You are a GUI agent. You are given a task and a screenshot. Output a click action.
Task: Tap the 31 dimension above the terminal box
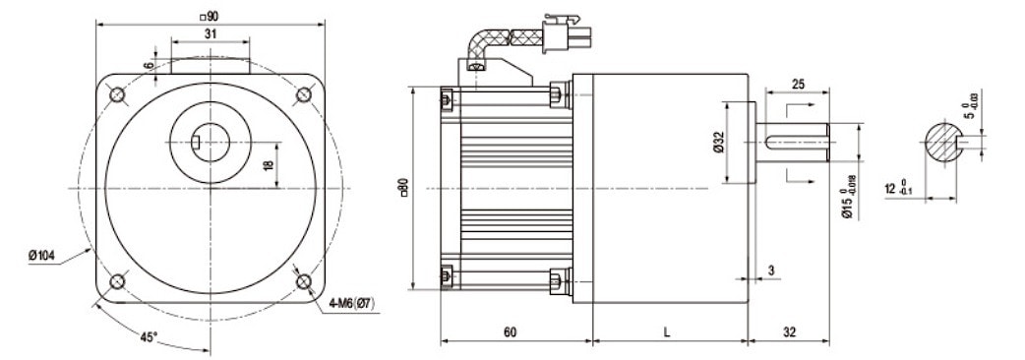tap(211, 34)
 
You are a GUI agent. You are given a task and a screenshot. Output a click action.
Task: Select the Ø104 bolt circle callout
tap(41, 256)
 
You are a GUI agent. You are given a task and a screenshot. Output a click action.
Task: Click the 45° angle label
tap(150, 337)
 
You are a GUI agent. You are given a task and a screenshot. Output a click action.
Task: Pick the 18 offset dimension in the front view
tap(268, 165)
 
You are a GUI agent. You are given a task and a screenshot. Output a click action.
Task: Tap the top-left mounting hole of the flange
tap(118, 95)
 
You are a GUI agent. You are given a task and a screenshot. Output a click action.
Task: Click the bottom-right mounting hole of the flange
tap(303, 281)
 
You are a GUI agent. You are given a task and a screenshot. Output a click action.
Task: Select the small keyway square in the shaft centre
tap(198, 141)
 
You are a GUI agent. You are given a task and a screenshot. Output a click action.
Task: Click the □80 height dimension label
tap(403, 187)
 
